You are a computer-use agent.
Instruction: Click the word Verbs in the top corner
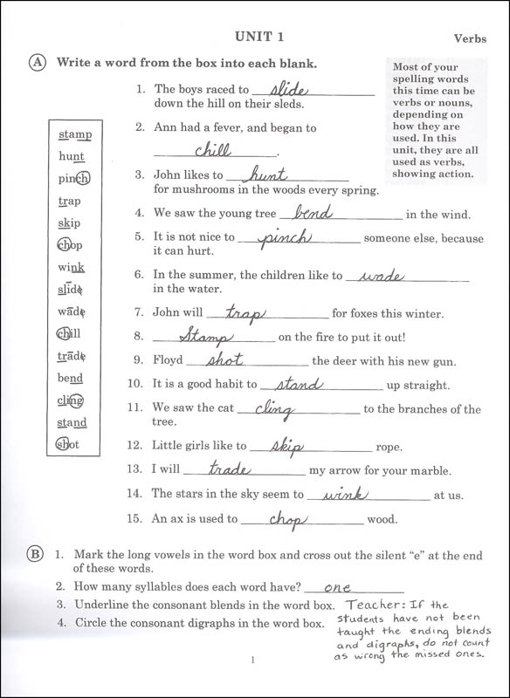474,38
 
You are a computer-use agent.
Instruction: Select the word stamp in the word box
75,134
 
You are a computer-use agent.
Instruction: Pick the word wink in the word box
71,267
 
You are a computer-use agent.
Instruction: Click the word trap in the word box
69,201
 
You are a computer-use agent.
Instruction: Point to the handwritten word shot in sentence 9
224,359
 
